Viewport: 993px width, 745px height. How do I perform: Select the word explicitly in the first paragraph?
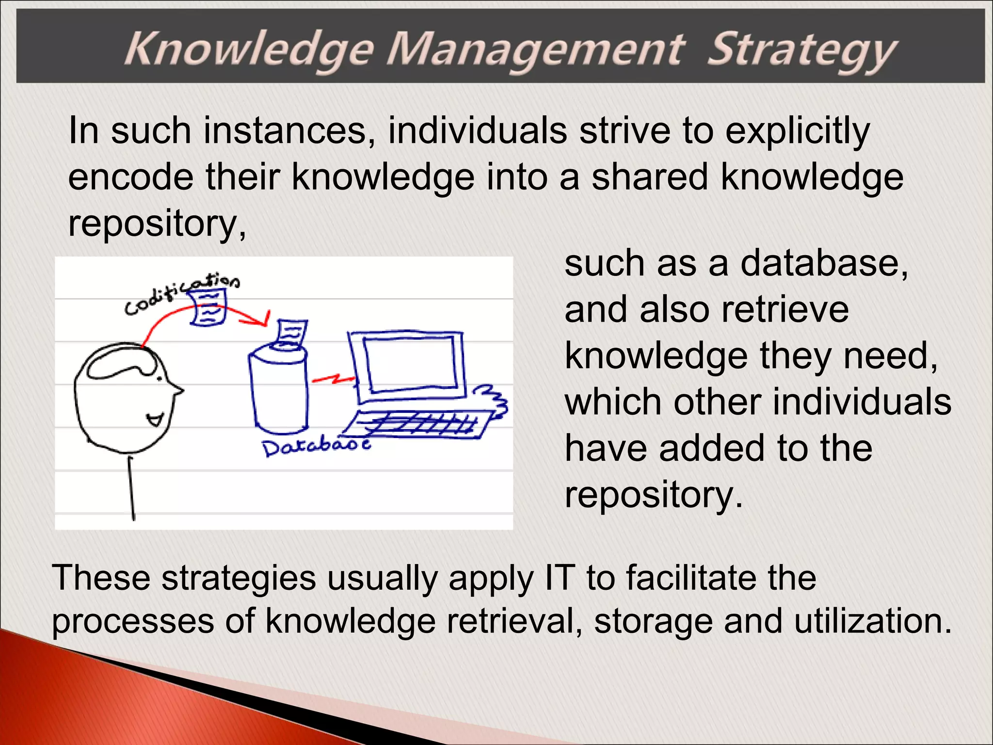pos(798,131)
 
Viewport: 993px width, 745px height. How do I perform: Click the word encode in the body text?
pos(130,177)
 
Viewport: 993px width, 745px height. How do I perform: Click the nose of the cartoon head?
pos(177,389)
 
